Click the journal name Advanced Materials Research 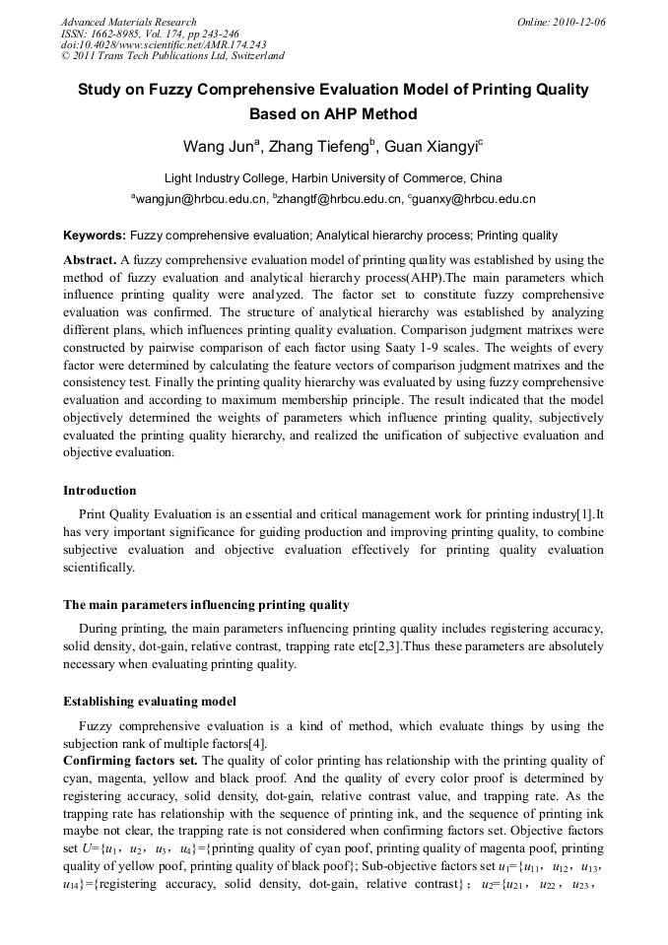(x=128, y=22)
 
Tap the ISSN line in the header (x=150, y=34)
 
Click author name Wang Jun (x=219, y=148)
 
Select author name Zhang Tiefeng (x=320, y=148)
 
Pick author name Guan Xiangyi (x=431, y=148)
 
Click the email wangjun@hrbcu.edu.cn (x=201, y=199)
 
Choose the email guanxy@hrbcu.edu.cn (x=475, y=199)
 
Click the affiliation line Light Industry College (x=333, y=178)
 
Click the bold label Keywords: (x=95, y=236)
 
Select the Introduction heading (x=100, y=490)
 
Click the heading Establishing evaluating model (x=149, y=702)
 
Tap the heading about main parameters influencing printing (x=206, y=604)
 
